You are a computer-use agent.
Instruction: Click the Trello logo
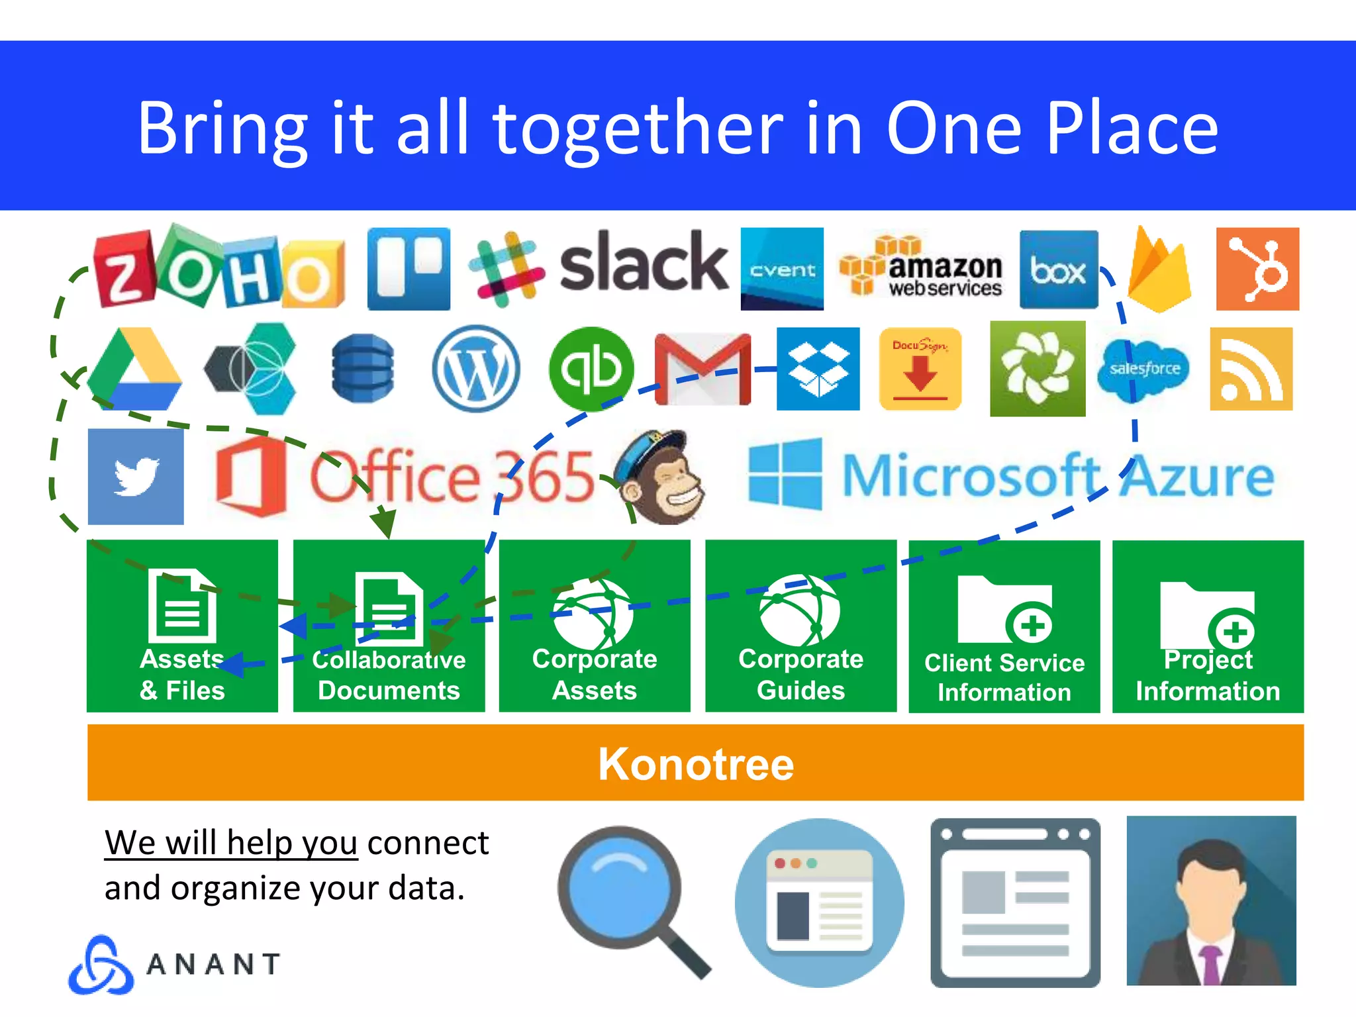coord(409,269)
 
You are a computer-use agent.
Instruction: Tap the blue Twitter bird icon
coord(136,476)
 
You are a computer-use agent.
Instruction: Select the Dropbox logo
coord(818,369)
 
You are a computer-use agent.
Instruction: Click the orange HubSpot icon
coord(1257,269)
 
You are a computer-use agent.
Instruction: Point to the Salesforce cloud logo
coord(1143,369)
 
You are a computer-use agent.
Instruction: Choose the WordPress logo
coord(475,369)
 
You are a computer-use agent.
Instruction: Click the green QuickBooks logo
coord(591,369)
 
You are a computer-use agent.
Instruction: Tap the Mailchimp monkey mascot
coord(659,478)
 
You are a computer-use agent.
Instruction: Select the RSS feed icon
coord(1251,369)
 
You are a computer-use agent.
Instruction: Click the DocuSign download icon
coord(920,369)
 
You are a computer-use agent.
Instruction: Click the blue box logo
coord(1058,269)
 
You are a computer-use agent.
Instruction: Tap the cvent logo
coord(782,269)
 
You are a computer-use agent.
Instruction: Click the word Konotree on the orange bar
coord(696,763)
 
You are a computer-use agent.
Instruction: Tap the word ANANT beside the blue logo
coord(213,964)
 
